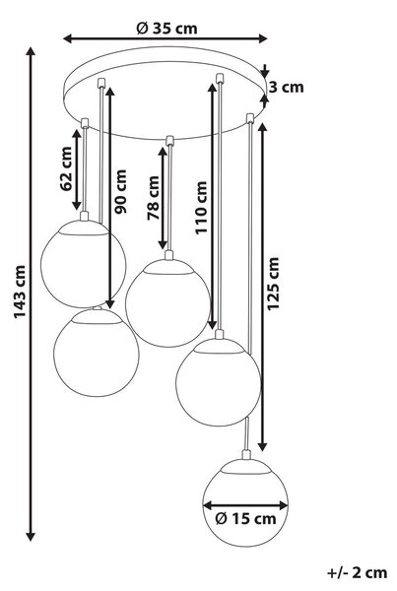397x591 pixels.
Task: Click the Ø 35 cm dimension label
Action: click(x=166, y=28)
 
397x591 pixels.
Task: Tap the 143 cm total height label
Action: click(x=20, y=292)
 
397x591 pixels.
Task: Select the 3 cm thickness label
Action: click(x=287, y=87)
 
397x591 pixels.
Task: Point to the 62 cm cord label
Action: click(x=66, y=168)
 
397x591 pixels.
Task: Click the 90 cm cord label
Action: click(x=120, y=192)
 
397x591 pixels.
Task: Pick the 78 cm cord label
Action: click(x=153, y=198)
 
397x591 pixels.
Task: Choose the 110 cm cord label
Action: click(x=201, y=208)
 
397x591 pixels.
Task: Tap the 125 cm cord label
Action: click(x=273, y=284)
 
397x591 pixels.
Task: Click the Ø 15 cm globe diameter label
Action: click(x=246, y=519)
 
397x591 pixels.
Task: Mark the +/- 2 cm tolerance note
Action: click(x=357, y=572)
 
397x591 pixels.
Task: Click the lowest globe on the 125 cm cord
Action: click(x=245, y=502)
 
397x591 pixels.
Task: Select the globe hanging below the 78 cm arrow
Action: click(x=167, y=302)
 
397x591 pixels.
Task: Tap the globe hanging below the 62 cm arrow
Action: click(x=84, y=264)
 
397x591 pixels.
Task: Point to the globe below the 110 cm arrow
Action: click(x=219, y=382)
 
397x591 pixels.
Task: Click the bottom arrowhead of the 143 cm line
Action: click(x=31, y=537)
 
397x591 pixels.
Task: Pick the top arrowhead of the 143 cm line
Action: click(x=31, y=52)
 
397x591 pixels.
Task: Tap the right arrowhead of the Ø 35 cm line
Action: click(x=262, y=38)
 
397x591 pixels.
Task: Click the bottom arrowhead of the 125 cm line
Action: click(x=263, y=446)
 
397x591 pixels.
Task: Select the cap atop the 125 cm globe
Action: click(x=246, y=455)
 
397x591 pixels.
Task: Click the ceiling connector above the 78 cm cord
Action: click(x=169, y=140)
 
